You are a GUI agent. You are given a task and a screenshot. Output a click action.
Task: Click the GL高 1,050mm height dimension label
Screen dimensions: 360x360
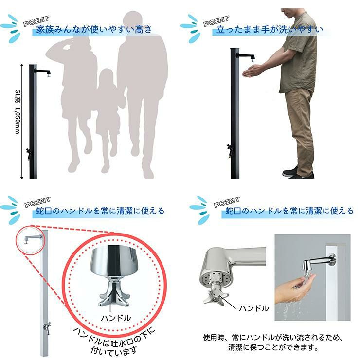[18, 112]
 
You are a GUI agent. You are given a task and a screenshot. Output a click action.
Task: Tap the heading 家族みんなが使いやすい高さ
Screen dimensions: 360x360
[94, 29]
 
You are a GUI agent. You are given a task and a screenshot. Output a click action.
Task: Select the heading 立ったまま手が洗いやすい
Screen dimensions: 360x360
[270, 29]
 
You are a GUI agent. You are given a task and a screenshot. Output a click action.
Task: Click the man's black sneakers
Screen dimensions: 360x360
[298, 173]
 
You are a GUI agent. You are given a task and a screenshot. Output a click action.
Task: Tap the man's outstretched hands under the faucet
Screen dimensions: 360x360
[252, 70]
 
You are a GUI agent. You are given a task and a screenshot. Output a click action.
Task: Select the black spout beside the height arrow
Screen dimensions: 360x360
[43, 72]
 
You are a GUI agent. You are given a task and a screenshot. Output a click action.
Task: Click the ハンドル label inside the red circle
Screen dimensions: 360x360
[116, 318]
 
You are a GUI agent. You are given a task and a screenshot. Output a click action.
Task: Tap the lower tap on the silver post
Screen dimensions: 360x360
[47, 327]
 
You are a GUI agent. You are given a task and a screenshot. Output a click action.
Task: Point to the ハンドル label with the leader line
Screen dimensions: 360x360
[253, 308]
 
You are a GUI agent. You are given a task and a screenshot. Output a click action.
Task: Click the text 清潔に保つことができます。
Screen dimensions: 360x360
[273, 347]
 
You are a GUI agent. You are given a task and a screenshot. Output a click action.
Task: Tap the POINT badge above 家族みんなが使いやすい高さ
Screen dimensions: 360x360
[36, 20]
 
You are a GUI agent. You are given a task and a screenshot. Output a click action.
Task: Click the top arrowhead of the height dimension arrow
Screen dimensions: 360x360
[22, 66]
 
